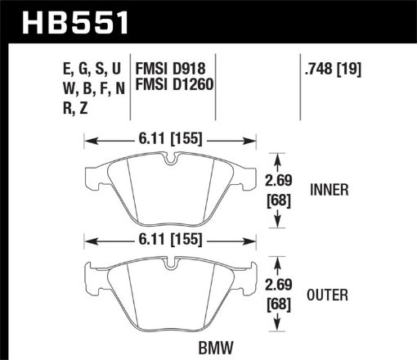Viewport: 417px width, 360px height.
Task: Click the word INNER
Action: pos(330,191)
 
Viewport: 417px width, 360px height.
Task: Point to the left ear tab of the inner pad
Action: pos(94,173)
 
